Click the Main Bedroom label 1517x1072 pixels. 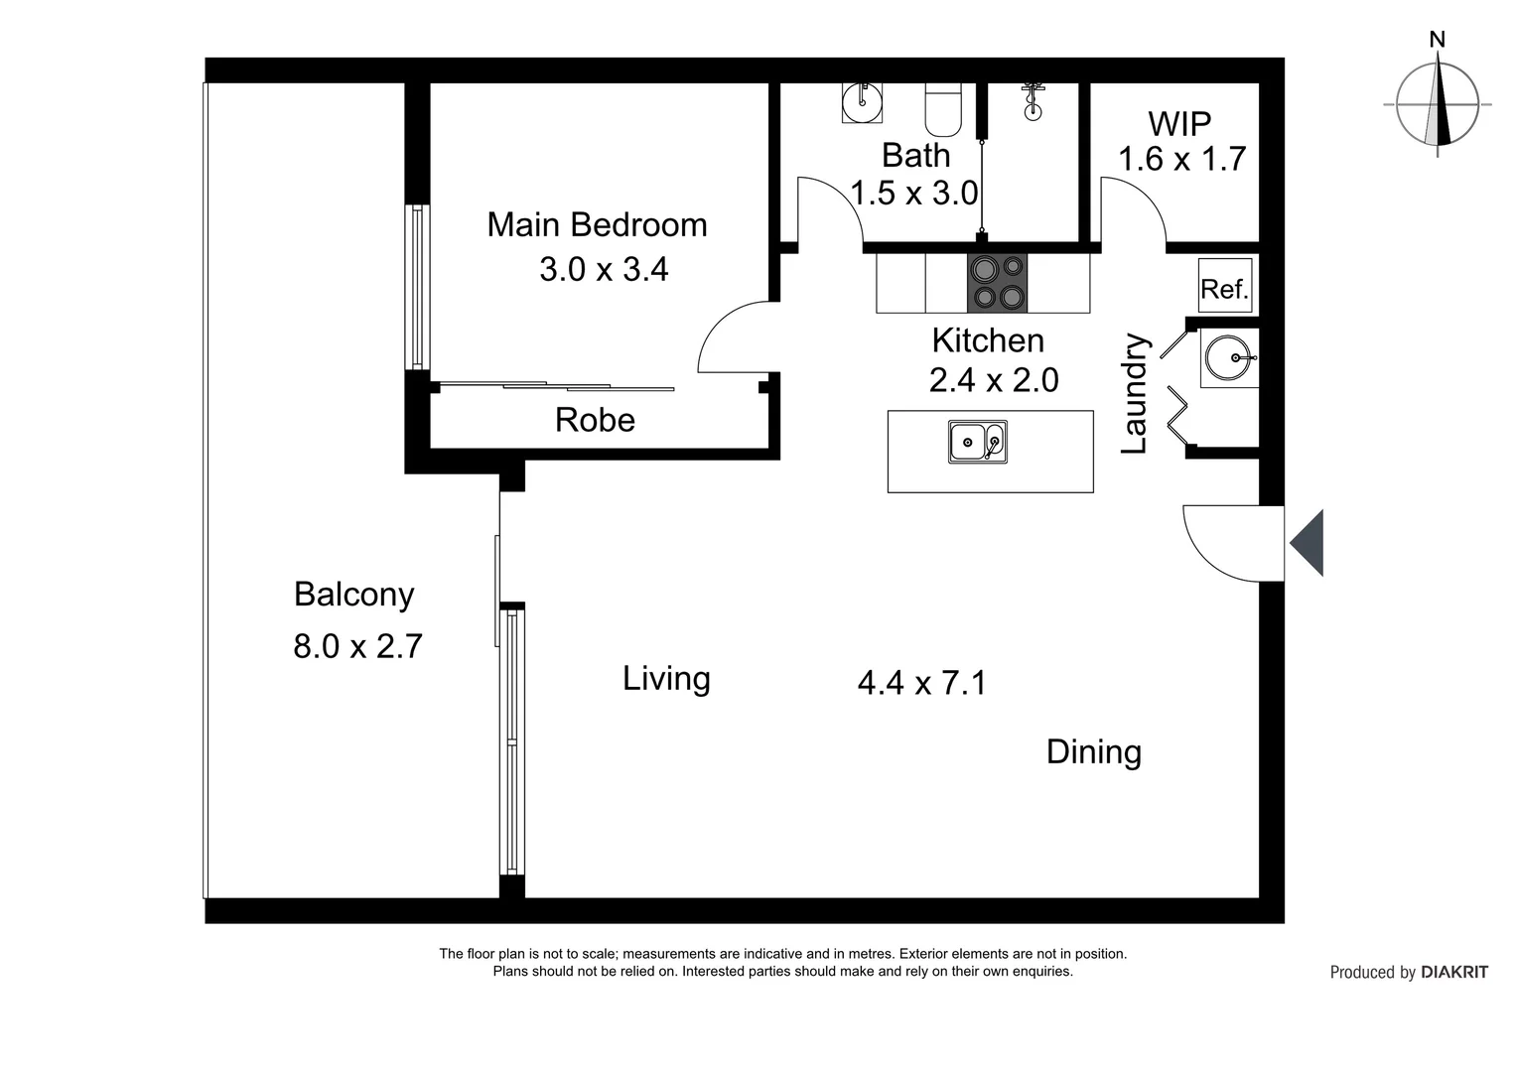pyautogui.click(x=597, y=225)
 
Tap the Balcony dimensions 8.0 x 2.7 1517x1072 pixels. pyautogui.click(x=357, y=646)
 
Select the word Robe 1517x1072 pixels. pyautogui.click(x=595, y=420)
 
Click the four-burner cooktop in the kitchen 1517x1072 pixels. pyautogui.click(x=997, y=283)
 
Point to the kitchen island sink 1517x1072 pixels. pyautogui.click(x=977, y=442)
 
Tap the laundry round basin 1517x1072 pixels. pyautogui.click(x=1229, y=357)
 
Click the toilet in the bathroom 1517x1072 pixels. pyautogui.click(x=942, y=109)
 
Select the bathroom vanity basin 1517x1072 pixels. pyautogui.click(x=862, y=101)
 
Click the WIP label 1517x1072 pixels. pyautogui.click(x=1179, y=124)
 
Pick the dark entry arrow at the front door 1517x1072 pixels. pyautogui.click(x=1309, y=543)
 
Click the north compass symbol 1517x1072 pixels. pyautogui.click(x=1437, y=103)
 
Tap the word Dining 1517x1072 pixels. pyautogui.click(x=1093, y=752)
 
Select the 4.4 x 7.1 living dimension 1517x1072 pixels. pyautogui.click(x=921, y=683)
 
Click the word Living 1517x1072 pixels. pyautogui.click(x=666, y=679)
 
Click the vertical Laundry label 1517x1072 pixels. pyautogui.click(x=1135, y=394)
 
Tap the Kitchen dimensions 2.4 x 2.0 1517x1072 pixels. pyautogui.click(x=993, y=380)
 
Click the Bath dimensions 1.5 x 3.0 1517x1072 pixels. pyautogui.click(x=914, y=193)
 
